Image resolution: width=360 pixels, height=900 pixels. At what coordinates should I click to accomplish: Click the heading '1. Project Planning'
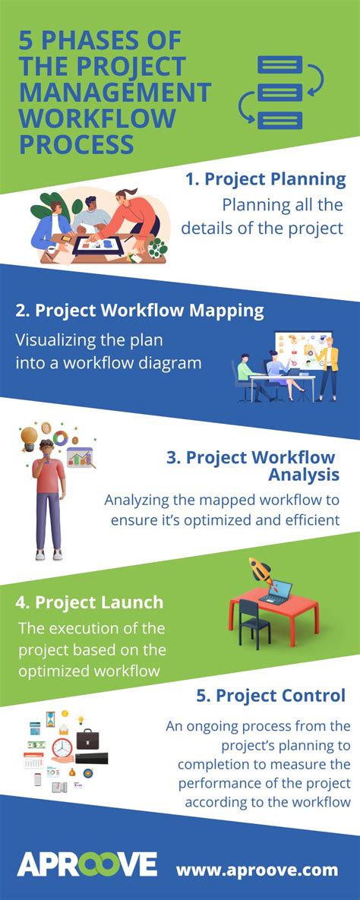(x=266, y=180)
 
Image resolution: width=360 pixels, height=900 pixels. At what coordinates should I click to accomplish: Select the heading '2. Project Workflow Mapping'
(x=140, y=311)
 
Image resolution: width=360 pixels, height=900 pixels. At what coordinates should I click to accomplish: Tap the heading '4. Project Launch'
(x=89, y=602)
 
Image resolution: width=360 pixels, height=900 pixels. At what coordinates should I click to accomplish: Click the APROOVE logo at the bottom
(x=87, y=865)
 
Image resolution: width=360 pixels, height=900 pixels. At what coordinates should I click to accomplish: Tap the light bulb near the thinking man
(x=30, y=437)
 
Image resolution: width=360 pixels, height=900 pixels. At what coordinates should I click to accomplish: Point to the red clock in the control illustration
(x=62, y=747)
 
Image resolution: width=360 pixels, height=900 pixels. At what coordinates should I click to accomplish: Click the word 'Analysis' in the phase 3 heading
(x=303, y=475)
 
